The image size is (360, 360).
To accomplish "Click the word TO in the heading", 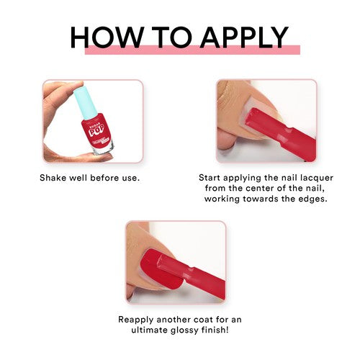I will click(166, 37).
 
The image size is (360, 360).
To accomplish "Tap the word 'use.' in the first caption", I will click(127, 176).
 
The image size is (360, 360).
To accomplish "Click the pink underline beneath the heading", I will click(192, 50).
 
